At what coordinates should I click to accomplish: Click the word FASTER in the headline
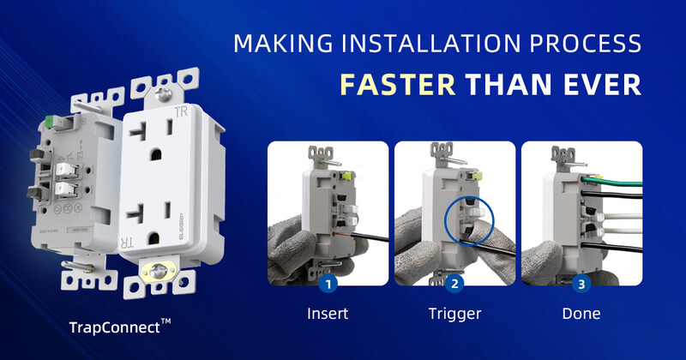pos(398,84)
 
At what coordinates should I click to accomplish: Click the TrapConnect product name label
pos(120,327)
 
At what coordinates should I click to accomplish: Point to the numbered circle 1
pos(328,284)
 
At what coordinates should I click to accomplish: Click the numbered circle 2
pos(454,284)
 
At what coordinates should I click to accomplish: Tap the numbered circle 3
pos(581,284)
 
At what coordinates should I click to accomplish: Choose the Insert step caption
pos(328,313)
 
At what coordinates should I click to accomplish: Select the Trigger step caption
pos(454,314)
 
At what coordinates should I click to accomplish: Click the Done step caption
pos(581,313)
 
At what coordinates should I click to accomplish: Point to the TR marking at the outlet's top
pos(181,112)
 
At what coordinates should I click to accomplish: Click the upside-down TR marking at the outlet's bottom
pos(127,242)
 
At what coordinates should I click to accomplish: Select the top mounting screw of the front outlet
pos(164,94)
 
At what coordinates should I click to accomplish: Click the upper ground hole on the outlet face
pos(155,154)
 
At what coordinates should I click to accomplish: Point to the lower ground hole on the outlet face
pos(153,238)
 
